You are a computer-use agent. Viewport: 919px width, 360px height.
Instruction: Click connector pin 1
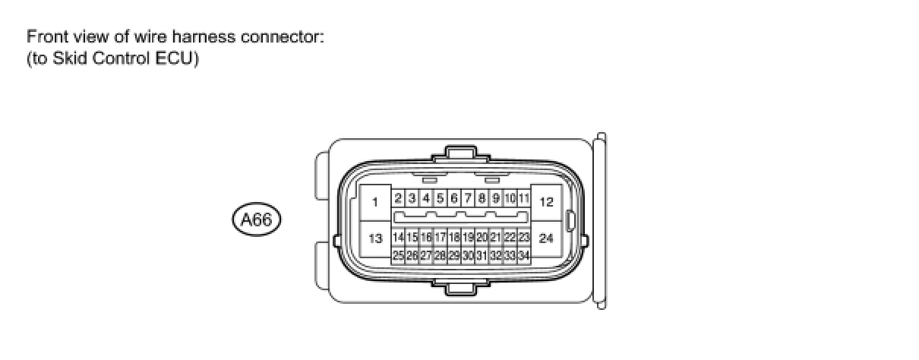pos(375,202)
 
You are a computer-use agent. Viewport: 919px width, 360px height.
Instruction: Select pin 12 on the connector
pos(545,202)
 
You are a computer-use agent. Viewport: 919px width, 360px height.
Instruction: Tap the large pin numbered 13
pos(375,238)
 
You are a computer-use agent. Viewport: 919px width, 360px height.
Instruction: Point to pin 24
pos(545,238)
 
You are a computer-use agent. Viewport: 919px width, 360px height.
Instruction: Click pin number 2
pos(398,198)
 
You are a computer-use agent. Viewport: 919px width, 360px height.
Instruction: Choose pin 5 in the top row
pos(440,198)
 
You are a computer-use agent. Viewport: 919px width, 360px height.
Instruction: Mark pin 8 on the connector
pos(482,198)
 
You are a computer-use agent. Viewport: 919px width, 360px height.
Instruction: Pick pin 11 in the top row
pos(523,198)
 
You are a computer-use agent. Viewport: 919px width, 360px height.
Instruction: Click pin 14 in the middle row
pos(398,238)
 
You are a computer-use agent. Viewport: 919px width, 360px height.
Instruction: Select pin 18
pos(454,238)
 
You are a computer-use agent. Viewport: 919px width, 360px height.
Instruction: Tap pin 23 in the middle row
pos(523,238)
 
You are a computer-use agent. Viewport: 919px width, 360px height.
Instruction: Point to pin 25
pos(398,255)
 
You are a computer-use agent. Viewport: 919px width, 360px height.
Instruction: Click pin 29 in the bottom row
pos(454,255)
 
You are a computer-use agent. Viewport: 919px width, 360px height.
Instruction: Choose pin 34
pos(523,255)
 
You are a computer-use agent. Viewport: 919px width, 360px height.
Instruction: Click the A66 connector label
pos(256,220)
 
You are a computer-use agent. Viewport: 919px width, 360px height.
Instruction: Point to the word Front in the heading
pos(45,36)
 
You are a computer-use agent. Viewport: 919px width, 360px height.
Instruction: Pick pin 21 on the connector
pos(495,238)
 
